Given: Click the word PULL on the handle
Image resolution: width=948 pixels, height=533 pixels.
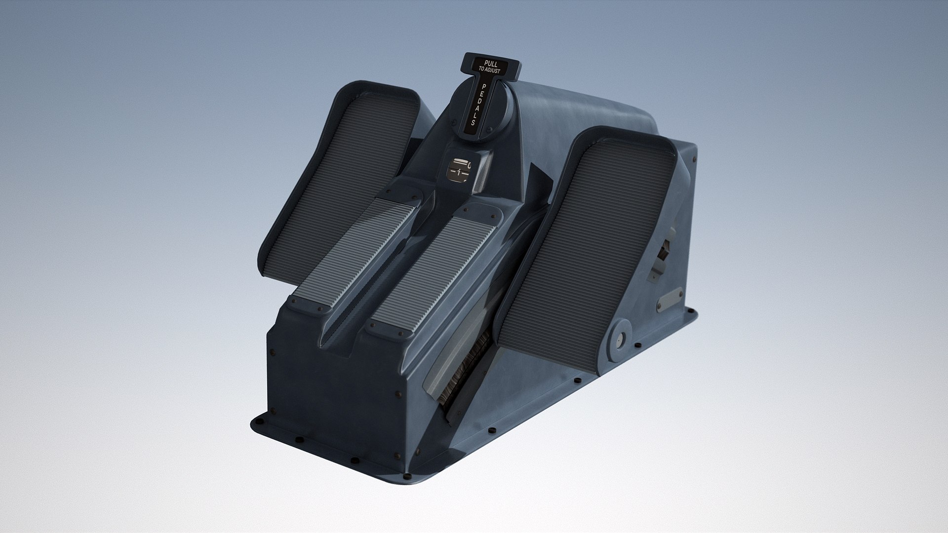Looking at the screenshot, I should [491, 64].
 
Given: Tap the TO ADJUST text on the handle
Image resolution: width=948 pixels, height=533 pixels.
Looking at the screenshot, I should [490, 71].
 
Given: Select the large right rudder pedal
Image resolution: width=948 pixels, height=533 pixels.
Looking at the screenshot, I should [588, 237].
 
